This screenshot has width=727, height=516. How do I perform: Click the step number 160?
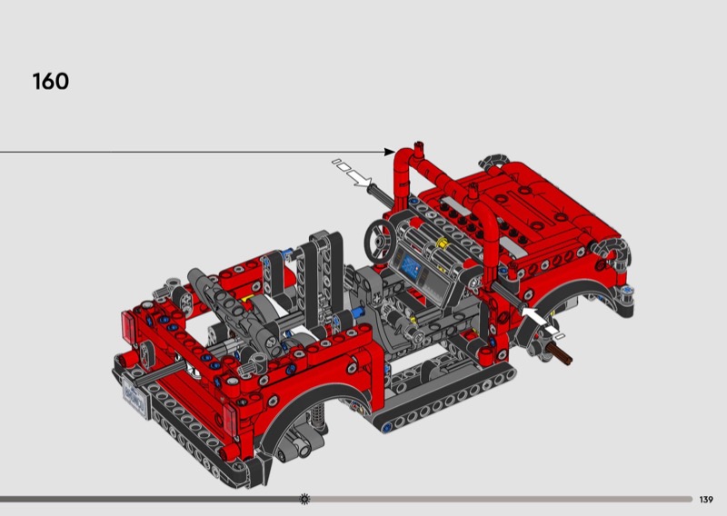pyautogui.click(x=51, y=82)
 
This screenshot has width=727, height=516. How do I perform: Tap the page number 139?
pyautogui.click(x=706, y=500)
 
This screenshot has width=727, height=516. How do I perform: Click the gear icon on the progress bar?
pyautogui.click(x=304, y=499)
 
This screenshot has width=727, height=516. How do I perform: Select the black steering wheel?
pyautogui.click(x=380, y=241)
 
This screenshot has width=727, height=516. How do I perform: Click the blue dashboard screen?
pyautogui.click(x=411, y=266)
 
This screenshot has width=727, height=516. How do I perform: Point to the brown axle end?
pyautogui.click(x=560, y=354)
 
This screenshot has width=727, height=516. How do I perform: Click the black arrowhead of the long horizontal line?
pyautogui.click(x=390, y=152)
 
